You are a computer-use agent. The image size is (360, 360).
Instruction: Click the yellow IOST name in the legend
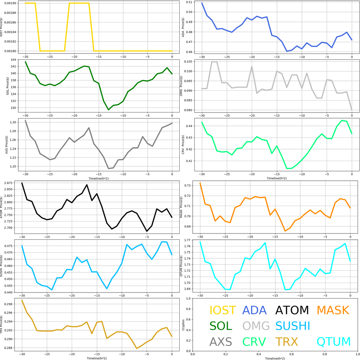coord(223,310)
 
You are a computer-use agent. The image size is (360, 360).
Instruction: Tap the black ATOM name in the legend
coord(292,310)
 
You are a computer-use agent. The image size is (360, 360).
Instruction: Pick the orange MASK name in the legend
coord(333,310)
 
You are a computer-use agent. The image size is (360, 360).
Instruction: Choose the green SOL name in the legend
coord(221,326)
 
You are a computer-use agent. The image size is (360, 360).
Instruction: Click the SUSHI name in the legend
coord(292,326)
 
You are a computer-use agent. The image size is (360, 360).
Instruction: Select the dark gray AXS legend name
coord(221,342)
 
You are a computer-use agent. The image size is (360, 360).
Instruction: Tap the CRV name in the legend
coord(254,342)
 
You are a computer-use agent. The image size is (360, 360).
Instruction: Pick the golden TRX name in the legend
coord(287,342)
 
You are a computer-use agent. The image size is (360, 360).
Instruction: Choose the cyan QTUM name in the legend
coord(334,342)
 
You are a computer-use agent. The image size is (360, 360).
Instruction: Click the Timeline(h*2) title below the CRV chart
coord(276,178)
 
